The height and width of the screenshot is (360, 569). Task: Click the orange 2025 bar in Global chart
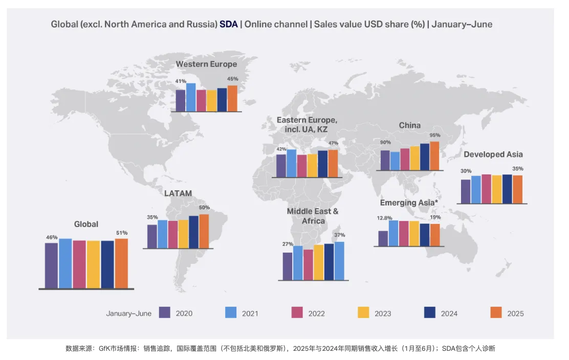pyautogui.click(x=121, y=263)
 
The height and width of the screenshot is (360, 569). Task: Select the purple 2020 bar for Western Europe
pyautogui.click(x=180, y=100)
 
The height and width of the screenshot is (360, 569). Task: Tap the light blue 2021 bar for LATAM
pyautogui.click(x=163, y=234)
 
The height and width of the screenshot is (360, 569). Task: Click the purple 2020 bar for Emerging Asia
pyautogui.click(x=383, y=238)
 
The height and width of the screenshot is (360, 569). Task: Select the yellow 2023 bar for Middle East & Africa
pyautogui.click(x=318, y=262)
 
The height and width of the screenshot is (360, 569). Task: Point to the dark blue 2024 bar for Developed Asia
pyautogui.click(x=507, y=189)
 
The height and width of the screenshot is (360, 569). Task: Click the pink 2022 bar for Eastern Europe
pyautogui.click(x=302, y=166)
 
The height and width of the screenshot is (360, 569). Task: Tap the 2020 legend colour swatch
pyautogui.click(x=164, y=312)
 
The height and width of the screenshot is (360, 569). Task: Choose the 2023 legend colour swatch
pyautogui.click(x=363, y=312)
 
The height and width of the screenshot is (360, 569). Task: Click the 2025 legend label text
pyautogui.click(x=515, y=313)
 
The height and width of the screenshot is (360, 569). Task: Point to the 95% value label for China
pyautogui.click(x=435, y=136)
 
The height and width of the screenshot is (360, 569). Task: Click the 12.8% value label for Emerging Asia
pyautogui.click(x=384, y=218)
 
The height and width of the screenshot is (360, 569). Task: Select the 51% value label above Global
pyautogui.click(x=121, y=233)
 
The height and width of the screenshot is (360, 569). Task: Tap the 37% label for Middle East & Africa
pyautogui.click(x=339, y=235)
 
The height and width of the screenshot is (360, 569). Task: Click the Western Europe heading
pyautogui.click(x=206, y=64)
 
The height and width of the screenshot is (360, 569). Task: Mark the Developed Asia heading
pyautogui.click(x=493, y=154)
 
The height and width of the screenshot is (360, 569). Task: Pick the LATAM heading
pyautogui.click(x=178, y=194)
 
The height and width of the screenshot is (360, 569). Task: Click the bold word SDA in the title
pyautogui.click(x=229, y=24)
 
